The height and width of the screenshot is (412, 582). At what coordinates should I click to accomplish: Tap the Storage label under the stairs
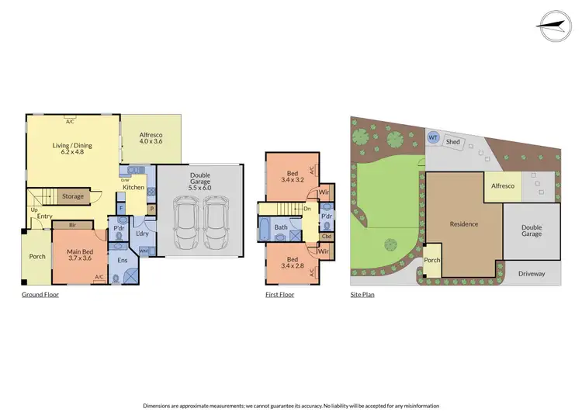click(73, 196)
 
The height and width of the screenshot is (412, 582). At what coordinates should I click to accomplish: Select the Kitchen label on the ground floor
click(133, 188)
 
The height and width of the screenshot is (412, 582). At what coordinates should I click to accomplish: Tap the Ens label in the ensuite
click(122, 260)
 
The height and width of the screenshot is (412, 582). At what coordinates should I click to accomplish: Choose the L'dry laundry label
click(142, 234)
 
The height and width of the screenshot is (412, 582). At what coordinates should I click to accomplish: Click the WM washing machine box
click(144, 251)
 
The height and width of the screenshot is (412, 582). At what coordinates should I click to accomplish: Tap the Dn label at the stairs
click(308, 207)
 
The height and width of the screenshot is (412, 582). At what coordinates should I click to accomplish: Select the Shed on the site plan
click(455, 142)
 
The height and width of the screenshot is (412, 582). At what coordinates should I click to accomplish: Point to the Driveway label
click(532, 273)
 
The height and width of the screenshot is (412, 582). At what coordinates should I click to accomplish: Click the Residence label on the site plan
click(463, 224)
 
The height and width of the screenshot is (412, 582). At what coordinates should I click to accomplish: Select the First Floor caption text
click(279, 295)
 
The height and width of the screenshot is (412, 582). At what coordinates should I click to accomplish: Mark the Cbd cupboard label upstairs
click(327, 236)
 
